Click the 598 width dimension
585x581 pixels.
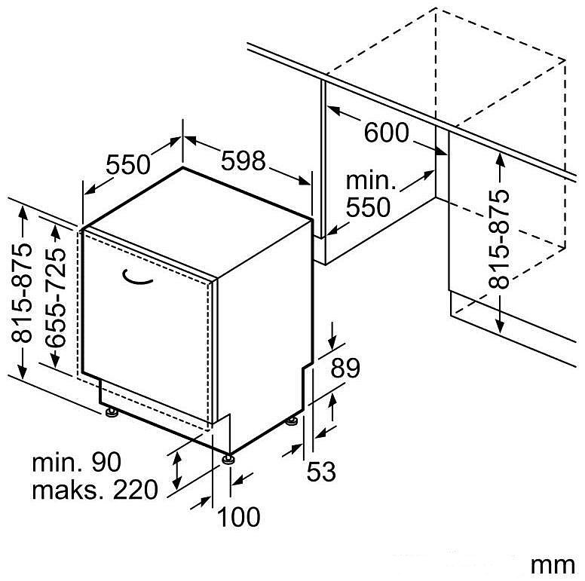(x=243, y=161)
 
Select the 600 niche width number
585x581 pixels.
(x=387, y=133)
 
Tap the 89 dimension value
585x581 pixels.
(x=345, y=368)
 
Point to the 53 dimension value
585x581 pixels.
(x=321, y=471)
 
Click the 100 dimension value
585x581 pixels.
(x=239, y=517)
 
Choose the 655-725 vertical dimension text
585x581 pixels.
(x=55, y=297)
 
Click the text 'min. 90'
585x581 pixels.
(x=77, y=463)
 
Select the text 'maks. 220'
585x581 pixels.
(x=95, y=490)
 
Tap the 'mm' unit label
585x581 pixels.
(x=553, y=565)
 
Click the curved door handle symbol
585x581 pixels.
(x=136, y=277)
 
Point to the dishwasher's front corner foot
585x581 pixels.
(x=228, y=459)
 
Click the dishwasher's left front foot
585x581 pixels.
(x=111, y=411)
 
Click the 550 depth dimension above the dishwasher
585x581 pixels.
(x=128, y=164)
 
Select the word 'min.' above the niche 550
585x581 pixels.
(x=370, y=181)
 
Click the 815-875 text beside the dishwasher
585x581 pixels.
(x=21, y=292)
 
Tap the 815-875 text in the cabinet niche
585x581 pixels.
(x=499, y=239)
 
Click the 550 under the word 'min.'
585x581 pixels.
(x=368, y=207)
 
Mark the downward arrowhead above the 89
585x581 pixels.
(x=332, y=342)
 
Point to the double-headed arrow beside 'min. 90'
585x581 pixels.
(x=177, y=470)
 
